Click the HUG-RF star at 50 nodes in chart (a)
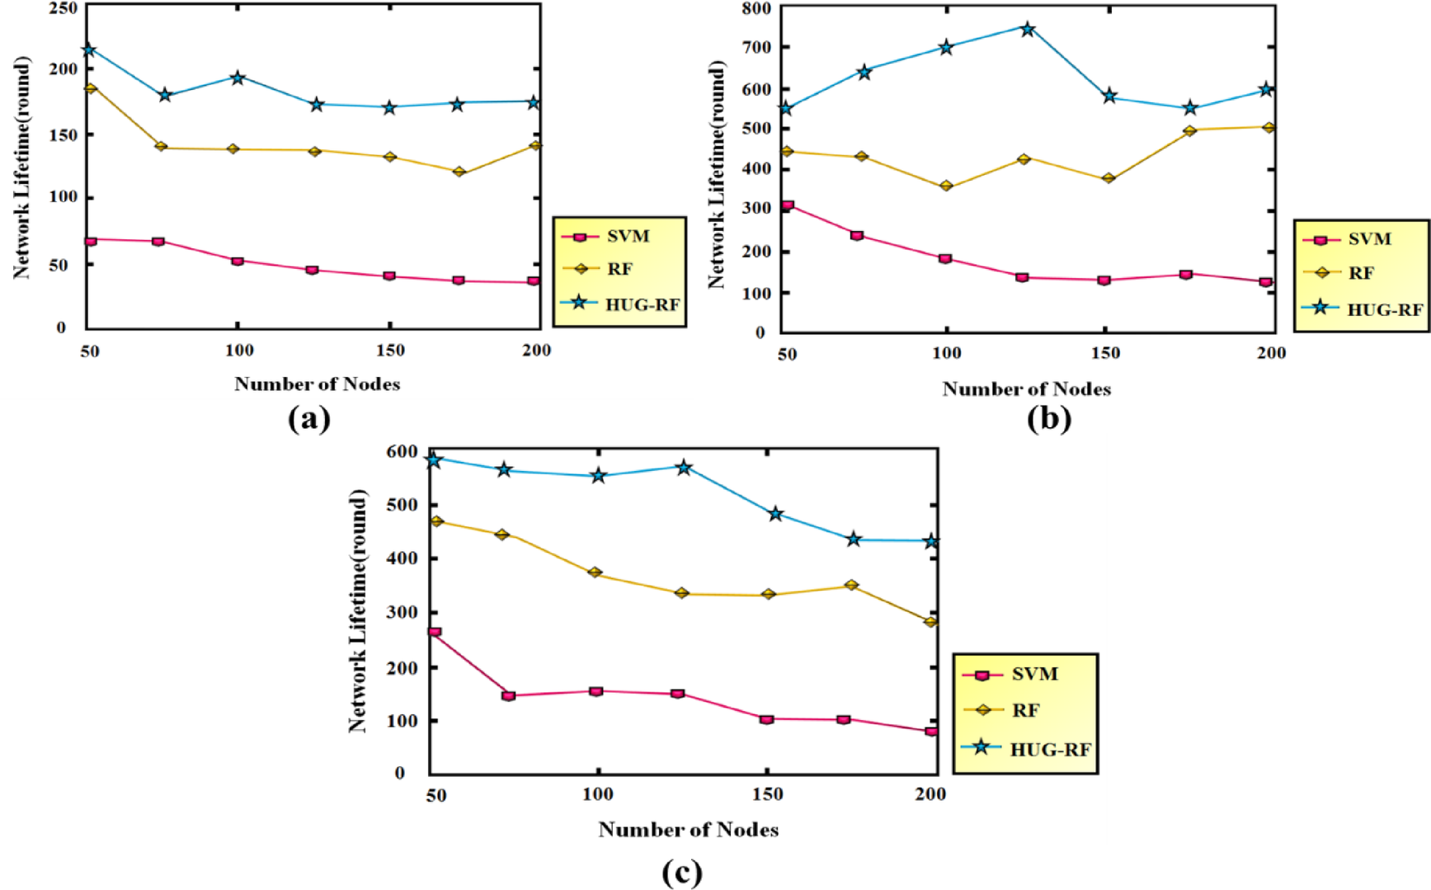tap(89, 50)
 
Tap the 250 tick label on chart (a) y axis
tap(63, 8)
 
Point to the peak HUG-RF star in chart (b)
tap(1027, 29)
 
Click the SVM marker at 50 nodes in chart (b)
tap(788, 205)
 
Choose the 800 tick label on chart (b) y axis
tap(757, 9)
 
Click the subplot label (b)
tap(1048, 419)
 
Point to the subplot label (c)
tap(681, 872)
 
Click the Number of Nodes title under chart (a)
tap(317, 384)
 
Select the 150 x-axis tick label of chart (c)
tap(767, 794)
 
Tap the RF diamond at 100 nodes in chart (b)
tap(946, 186)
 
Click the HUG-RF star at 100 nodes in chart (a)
tap(238, 78)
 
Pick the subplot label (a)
tap(309, 419)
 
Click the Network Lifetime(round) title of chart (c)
tap(357, 611)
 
